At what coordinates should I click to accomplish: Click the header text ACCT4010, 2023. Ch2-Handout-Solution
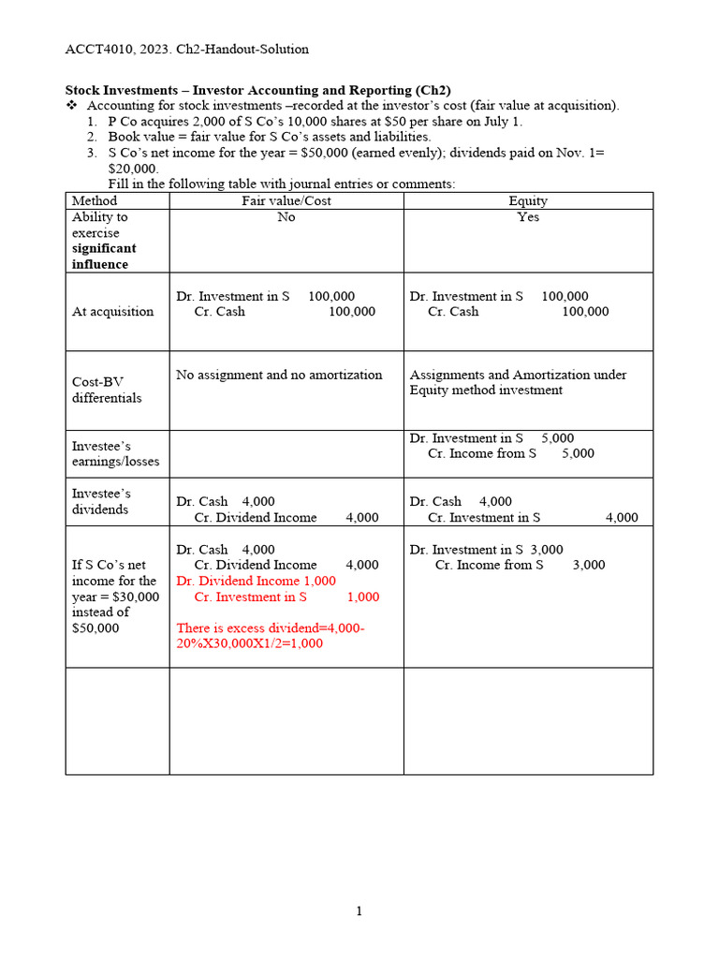[x=186, y=49]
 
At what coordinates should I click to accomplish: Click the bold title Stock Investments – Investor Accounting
[x=257, y=90]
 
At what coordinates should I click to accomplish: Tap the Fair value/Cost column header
[x=286, y=200]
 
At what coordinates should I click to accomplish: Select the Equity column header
[x=528, y=200]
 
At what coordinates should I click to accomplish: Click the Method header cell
[x=95, y=200]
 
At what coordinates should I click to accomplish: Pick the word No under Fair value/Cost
[x=286, y=216]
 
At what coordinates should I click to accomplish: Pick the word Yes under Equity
[x=528, y=216]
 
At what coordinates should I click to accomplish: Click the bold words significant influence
[x=104, y=257]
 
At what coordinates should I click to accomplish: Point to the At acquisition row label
[x=112, y=312]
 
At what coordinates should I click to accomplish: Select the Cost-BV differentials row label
[x=107, y=390]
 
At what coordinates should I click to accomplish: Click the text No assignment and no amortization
[x=279, y=375]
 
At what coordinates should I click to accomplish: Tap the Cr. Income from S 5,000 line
[x=510, y=453]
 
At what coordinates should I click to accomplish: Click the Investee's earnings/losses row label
[x=115, y=453]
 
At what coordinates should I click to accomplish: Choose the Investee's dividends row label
[x=101, y=501]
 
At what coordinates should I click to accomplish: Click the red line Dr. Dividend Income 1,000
[x=256, y=581]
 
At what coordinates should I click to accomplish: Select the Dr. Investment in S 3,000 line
[x=486, y=550]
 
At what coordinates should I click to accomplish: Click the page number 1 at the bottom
[x=359, y=911]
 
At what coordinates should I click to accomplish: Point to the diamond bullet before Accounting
[x=70, y=106]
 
